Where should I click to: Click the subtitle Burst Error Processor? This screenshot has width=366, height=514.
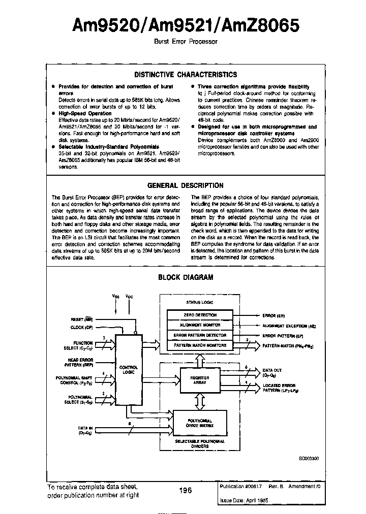[x=185, y=42]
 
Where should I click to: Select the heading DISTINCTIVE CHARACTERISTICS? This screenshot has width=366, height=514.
[x=185, y=75]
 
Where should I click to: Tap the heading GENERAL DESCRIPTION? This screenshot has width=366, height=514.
[x=185, y=185]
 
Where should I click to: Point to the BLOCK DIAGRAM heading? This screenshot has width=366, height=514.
[x=186, y=277]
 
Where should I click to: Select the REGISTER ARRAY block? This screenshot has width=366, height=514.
[x=200, y=380]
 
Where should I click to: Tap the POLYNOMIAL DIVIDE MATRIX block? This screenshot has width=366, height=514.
[x=199, y=422]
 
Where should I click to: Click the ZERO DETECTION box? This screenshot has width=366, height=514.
[x=200, y=315]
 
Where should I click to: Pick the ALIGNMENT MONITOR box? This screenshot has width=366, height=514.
[x=200, y=325]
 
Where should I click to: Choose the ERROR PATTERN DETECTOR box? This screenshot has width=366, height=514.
[x=200, y=335]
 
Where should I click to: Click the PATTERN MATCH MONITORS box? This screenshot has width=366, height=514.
[x=200, y=345]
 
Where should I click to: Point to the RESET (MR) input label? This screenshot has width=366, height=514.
[x=81, y=319]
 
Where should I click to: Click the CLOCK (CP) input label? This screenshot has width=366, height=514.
[x=81, y=328]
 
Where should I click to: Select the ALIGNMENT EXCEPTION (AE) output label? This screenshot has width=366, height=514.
[x=286, y=326]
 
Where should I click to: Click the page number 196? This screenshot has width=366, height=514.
[x=185, y=490]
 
